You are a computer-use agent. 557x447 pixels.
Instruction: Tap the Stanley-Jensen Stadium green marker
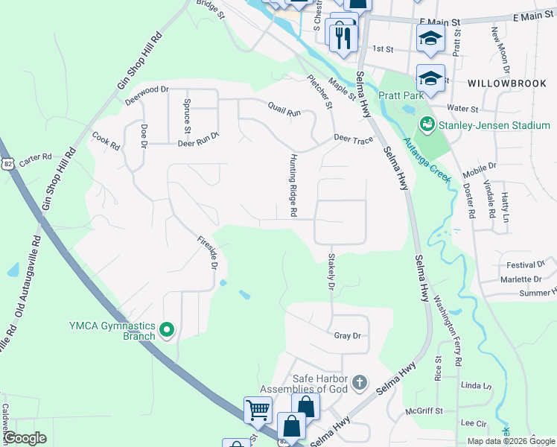tap(427, 124)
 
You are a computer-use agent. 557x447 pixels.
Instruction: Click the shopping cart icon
tap(258, 409)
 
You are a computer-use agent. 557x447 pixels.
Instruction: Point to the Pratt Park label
tap(401, 95)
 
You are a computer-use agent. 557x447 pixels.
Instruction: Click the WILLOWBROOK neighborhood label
tap(507, 83)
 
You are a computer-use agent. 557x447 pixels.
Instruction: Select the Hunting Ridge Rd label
tap(294, 186)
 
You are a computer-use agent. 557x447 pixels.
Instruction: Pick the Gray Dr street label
tap(347, 336)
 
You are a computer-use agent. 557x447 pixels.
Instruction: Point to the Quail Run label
tap(284, 112)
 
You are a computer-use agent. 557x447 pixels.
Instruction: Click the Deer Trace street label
tap(353, 139)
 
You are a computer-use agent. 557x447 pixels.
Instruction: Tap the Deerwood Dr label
tap(147, 94)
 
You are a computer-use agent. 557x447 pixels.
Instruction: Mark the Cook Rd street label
tap(105, 141)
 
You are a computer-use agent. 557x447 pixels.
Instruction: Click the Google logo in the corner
tap(25, 438)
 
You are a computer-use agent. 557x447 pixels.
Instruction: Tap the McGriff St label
tap(424, 410)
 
